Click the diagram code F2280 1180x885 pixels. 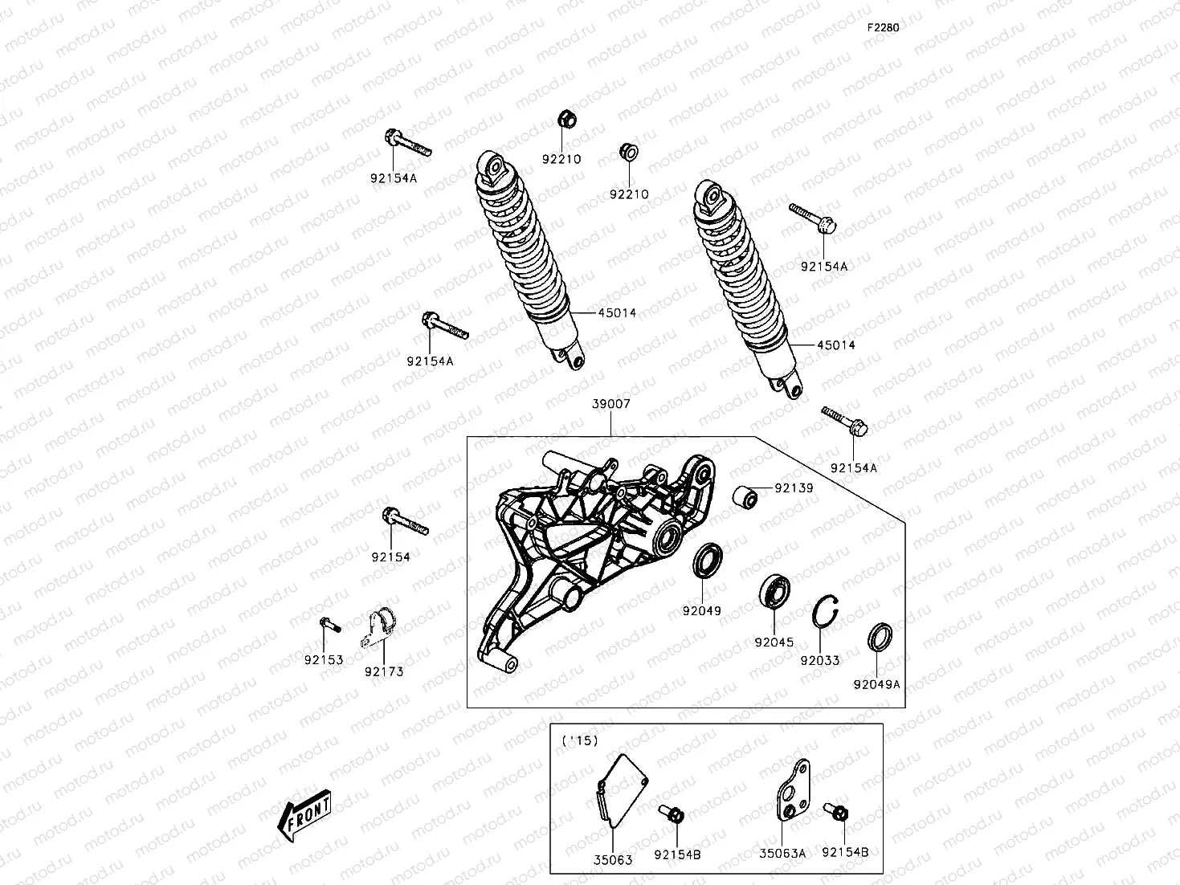coord(882,27)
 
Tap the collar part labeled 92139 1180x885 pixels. coord(745,497)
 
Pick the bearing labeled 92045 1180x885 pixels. coord(776,592)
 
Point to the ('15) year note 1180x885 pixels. coord(579,740)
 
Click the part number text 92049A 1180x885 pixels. coord(876,685)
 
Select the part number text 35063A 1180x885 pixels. coord(782,854)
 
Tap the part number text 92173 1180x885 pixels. coord(383,672)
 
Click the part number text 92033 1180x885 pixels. coord(819,661)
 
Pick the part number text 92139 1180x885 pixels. coord(794,488)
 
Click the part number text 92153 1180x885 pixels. coord(324,660)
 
